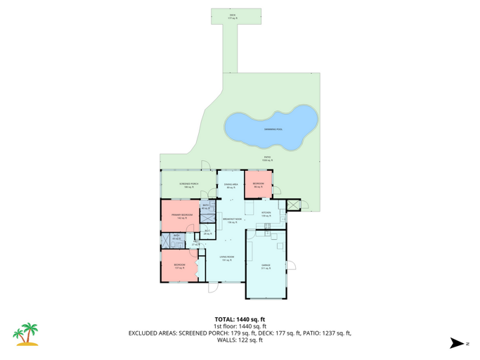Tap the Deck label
point(233,15)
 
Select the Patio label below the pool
point(267,159)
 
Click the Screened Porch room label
point(188,185)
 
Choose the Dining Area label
point(231,186)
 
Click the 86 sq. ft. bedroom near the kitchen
point(259,185)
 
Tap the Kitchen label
point(266,214)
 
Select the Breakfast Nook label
point(233,221)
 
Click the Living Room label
point(226,258)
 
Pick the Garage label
point(266,266)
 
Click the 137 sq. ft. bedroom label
point(180,266)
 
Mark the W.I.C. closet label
point(207,232)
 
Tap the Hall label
point(195,243)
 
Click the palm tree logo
point(27,335)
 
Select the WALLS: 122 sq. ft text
point(240,340)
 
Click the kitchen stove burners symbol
point(267,226)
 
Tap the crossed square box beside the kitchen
point(293,205)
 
